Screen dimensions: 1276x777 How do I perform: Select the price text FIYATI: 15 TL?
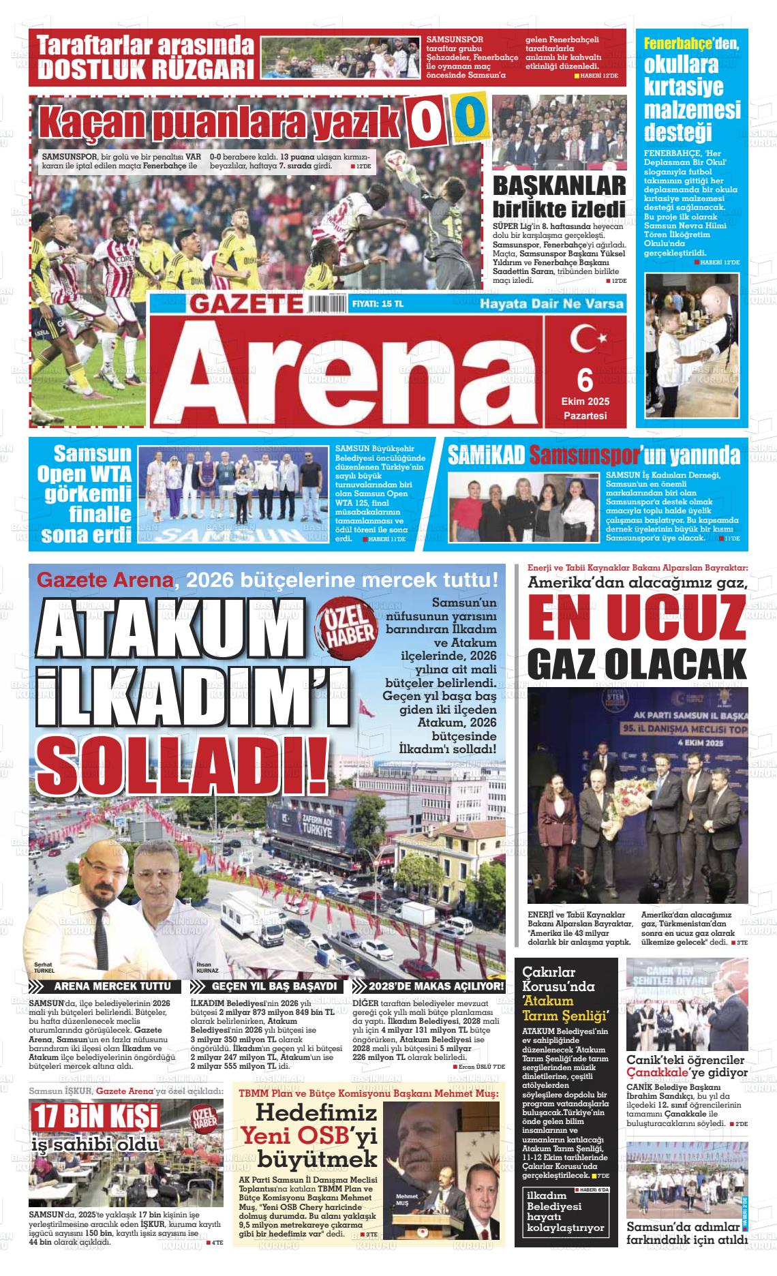(378, 304)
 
